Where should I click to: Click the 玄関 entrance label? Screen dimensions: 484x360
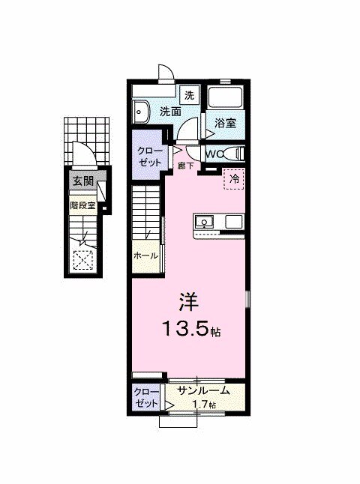coord(82,181)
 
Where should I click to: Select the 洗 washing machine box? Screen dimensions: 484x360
coord(190,95)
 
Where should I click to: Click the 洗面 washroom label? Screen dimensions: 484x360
coord(170,112)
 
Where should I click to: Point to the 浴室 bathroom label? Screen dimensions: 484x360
coord(226,123)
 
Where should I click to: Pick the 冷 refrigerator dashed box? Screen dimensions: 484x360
coord(234,180)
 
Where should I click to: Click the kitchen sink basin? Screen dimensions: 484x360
coord(205,223)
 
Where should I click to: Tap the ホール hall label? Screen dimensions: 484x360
coord(145,255)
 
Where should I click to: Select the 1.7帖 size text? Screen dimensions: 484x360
coord(203,405)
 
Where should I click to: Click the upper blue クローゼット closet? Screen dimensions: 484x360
coord(146,155)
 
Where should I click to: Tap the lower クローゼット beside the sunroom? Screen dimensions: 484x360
coord(145,398)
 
